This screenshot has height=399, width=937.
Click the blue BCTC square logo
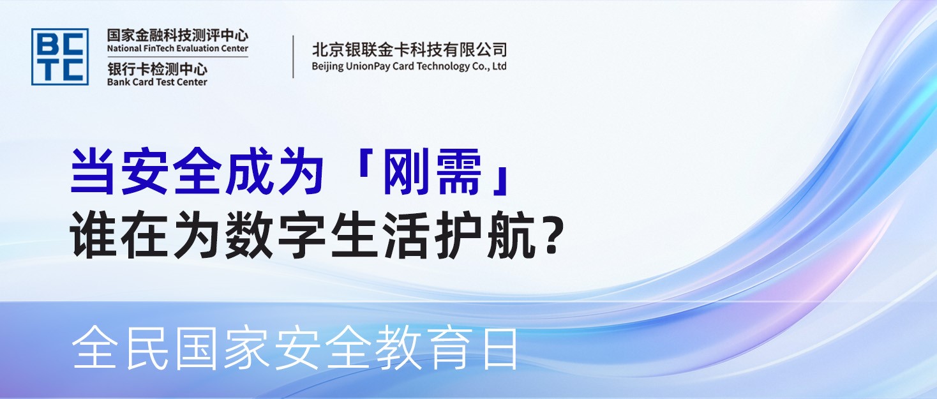coord(60,57)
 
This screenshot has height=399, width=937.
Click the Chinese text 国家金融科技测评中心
coord(177,35)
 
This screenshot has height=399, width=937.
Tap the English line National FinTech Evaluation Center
coord(177,49)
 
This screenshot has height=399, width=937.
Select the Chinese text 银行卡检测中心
coord(157,69)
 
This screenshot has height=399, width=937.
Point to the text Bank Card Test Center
coord(157,82)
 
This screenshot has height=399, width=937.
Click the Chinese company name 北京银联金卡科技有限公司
coord(409,50)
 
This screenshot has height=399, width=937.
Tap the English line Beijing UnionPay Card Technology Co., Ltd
coord(409,66)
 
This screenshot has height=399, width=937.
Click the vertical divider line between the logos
coord(294,57)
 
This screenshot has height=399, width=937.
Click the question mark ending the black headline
coord(550,237)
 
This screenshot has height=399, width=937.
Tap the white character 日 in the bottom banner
coord(500,349)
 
